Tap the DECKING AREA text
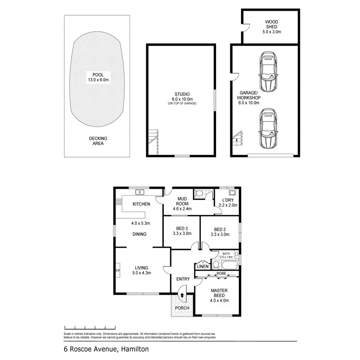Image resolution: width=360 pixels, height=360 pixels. tap(98, 141)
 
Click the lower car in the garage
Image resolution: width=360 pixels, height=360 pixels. tap(268, 128)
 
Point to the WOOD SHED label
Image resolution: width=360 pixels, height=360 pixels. tap(271, 26)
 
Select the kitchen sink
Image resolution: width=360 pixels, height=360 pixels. tap(140, 192)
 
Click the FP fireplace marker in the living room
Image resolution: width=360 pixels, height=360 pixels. tap(118, 271)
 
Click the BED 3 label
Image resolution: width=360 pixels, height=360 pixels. tap(182, 231)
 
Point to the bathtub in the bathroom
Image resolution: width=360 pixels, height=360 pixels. tap(229, 265)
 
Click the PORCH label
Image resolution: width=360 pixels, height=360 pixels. tap(182, 308)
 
